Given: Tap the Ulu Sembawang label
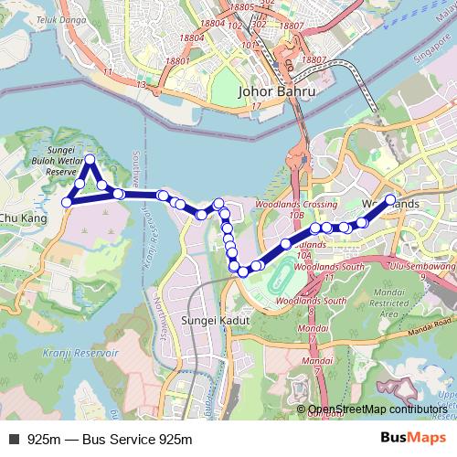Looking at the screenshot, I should click(421, 263).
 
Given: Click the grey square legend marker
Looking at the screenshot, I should click(15, 439).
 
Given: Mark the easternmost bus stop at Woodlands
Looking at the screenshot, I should click(390, 199).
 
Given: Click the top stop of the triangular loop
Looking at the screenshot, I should click(90, 161).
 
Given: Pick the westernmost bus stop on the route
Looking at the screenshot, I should click(66, 202).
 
